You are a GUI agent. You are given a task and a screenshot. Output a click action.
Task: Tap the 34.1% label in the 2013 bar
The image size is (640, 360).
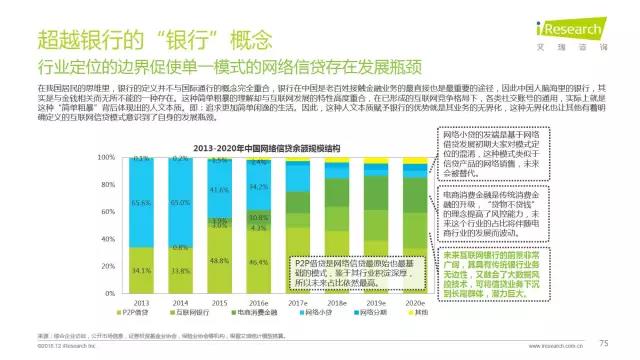click(142, 269)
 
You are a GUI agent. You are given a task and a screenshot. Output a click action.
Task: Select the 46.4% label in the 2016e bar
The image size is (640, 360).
click(258, 261)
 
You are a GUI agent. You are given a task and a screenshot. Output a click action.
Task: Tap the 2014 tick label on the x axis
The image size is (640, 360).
click(181, 304)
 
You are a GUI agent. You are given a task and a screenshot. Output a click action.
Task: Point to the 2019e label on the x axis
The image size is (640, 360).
click(374, 304)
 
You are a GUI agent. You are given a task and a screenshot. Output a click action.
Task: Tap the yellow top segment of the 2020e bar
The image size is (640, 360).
click(412, 159)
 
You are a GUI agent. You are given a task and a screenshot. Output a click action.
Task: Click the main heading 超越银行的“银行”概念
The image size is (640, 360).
click(156, 41)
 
